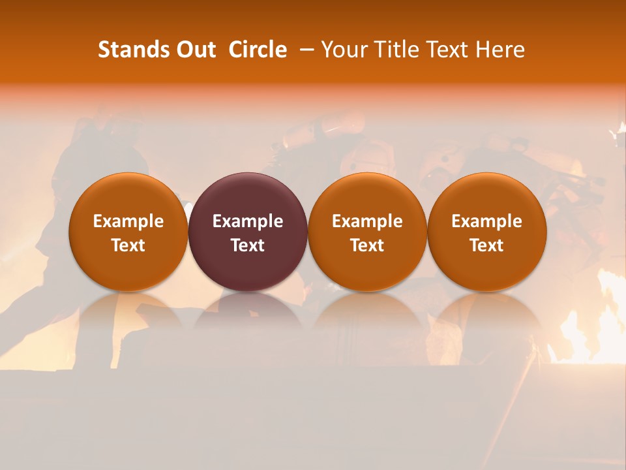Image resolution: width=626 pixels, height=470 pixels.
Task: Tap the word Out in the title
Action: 194,50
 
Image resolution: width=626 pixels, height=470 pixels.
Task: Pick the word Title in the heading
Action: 394,50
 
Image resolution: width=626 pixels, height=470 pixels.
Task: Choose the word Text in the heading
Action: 445,50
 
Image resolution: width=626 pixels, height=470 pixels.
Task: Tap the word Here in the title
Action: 499,50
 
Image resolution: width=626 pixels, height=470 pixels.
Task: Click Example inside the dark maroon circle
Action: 248,221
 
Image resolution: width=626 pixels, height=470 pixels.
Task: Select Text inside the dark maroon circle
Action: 248,245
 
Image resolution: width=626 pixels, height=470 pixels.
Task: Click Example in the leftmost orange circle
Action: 128,221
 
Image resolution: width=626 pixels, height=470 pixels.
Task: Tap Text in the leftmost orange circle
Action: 128,245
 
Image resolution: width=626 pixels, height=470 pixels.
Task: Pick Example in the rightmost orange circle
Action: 486,221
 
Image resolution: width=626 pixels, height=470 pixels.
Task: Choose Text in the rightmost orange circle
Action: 486,245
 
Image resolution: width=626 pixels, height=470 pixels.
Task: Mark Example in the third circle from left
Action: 367,221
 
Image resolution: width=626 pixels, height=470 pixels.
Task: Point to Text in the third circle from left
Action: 367,245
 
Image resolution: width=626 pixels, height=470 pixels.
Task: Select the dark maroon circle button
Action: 248,196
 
